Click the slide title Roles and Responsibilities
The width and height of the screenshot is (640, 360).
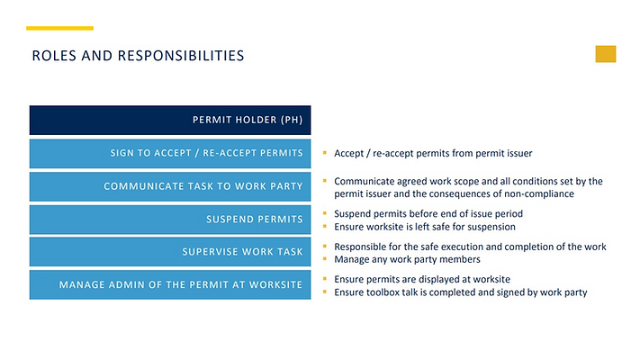[x=138, y=56]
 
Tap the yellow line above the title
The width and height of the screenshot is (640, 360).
[x=60, y=28]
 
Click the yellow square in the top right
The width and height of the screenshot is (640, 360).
[x=606, y=54]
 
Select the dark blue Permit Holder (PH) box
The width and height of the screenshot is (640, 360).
[x=170, y=120]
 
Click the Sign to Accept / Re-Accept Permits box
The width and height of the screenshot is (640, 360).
[x=170, y=153]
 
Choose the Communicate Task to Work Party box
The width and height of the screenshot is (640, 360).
[x=170, y=186]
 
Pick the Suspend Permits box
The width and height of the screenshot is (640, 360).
[x=170, y=219]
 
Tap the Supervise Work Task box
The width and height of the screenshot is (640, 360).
[x=170, y=252]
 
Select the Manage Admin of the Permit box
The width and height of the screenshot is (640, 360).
[x=170, y=285]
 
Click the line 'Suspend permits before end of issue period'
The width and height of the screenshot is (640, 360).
[x=428, y=214]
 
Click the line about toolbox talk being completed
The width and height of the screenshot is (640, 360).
[x=460, y=292]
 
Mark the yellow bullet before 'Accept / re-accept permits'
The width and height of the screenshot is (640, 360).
[x=325, y=154]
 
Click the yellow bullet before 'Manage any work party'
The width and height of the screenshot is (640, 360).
[x=325, y=259]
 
